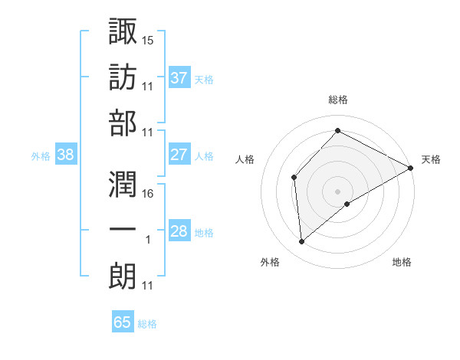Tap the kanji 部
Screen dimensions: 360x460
tap(123, 122)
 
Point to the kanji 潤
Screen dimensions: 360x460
tap(123, 183)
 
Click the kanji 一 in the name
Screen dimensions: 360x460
tap(123, 230)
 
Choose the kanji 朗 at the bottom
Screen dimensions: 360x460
tap(123, 276)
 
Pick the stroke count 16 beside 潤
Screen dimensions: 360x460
tap(148, 194)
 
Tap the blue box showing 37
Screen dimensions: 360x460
tap(179, 77)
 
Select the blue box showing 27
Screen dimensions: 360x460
tap(179, 155)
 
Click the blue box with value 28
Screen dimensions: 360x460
tap(179, 231)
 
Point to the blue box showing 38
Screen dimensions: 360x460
tap(65, 155)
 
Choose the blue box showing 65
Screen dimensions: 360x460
tap(123, 322)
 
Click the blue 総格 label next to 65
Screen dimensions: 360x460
tap(147, 324)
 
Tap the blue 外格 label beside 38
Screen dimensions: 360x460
tap(41, 156)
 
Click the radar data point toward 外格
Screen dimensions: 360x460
tap(302, 242)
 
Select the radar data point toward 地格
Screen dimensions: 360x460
tap(347, 204)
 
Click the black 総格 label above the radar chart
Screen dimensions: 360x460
tap(338, 100)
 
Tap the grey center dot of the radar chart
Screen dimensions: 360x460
tap(337, 190)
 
